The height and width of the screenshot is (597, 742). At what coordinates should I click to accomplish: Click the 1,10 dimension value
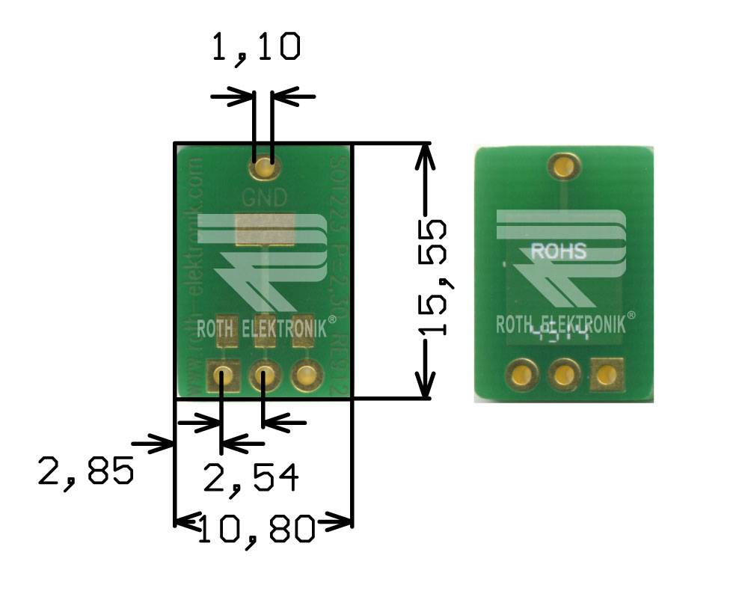[x=257, y=47]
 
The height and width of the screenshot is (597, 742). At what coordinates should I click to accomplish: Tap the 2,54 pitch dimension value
[x=251, y=478]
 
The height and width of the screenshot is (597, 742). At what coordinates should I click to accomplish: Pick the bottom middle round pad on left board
[x=264, y=376]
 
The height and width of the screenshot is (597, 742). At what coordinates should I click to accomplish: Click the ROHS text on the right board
[x=558, y=252]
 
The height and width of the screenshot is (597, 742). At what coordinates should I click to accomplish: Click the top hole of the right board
[x=565, y=165]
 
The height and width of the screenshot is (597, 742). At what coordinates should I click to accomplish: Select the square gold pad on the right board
[x=607, y=374]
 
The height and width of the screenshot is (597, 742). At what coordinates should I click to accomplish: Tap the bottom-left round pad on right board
[x=522, y=374]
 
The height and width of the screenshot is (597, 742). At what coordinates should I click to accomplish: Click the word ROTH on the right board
[x=515, y=324]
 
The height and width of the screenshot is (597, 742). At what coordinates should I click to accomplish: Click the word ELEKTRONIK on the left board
[x=289, y=328]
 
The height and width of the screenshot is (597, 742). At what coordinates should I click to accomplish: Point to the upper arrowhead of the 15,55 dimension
[x=425, y=153]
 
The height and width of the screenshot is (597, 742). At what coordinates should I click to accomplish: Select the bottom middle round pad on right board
[x=565, y=374]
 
